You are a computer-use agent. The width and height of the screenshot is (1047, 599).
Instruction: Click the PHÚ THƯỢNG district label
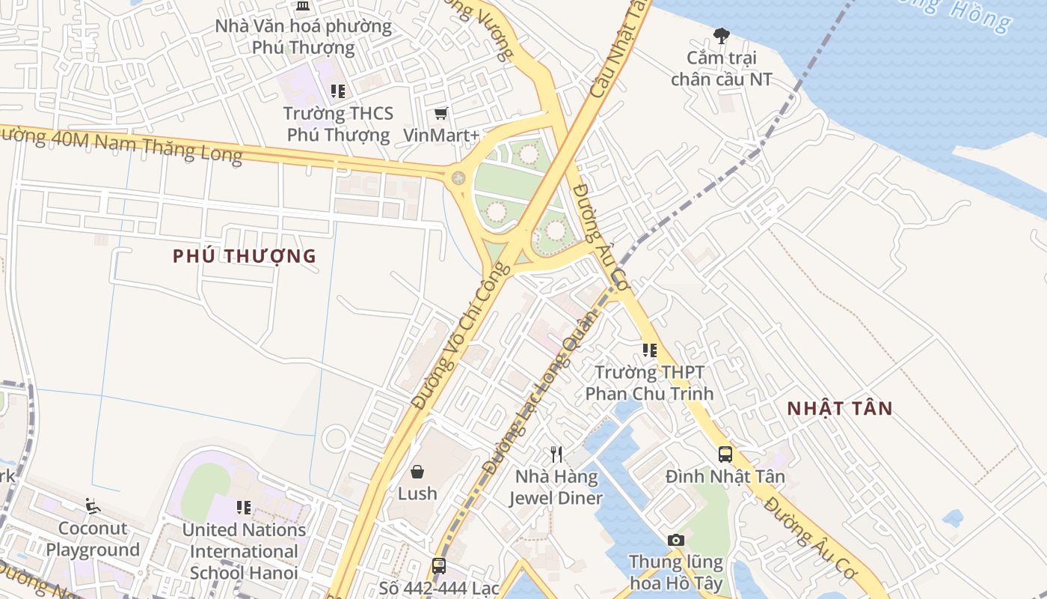245,256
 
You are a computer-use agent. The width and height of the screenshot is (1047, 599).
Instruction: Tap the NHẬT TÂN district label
840,408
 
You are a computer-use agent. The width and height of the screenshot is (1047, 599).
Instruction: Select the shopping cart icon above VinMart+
441,114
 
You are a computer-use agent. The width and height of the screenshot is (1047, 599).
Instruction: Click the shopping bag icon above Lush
417,472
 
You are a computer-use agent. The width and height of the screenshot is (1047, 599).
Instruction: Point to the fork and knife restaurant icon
556,454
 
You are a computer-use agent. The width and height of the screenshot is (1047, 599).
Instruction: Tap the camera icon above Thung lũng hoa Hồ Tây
675,540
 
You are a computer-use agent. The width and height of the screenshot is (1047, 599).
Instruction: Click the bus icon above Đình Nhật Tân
725,454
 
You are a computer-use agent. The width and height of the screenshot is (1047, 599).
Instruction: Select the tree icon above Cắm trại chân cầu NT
721,35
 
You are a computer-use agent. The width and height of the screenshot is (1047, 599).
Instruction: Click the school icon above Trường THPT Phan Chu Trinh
650,350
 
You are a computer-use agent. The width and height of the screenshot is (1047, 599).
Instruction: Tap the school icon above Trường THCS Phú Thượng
338,91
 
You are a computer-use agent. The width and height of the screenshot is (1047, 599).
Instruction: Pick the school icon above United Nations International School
244,508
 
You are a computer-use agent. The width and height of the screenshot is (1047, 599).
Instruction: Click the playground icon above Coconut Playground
93,507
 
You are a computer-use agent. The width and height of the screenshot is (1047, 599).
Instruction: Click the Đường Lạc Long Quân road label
541,393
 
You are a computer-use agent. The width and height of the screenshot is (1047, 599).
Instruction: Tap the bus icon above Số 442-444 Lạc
439,566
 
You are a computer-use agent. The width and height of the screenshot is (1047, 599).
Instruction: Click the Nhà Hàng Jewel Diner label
556,487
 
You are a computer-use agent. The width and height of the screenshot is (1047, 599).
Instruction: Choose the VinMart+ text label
441,136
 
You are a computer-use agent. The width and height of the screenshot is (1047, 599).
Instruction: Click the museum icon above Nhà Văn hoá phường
303,7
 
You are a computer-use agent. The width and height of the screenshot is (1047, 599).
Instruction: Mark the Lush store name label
417,493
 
